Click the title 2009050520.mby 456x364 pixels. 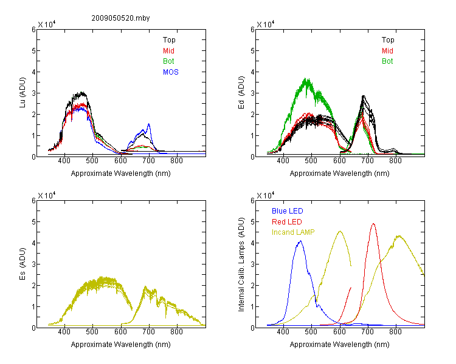coord(120,18)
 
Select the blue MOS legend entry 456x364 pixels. coord(171,72)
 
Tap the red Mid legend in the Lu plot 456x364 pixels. coord(168,51)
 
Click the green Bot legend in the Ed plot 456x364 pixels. coord(387,61)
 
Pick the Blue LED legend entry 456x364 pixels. coord(288,211)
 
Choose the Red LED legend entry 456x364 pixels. coord(287,222)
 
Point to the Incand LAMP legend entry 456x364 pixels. coord(293,232)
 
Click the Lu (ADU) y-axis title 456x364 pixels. coord(22,92)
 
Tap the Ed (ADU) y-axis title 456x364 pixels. coord(241,93)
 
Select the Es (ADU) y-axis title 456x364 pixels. coord(22,264)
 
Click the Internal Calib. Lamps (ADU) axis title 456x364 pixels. coord(241,265)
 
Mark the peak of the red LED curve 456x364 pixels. coord(373,224)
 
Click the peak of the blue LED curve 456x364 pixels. coord(300,241)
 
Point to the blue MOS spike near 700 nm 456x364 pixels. coord(149,124)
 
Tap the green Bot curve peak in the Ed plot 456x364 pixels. coord(306,78)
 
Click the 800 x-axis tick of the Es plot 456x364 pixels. coord(176,332)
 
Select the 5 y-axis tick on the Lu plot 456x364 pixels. coord(33,51)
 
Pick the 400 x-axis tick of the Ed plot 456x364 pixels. coord(283,161)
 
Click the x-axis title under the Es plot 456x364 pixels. coord(121,345)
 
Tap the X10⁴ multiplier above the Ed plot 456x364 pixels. coord(266,24)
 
